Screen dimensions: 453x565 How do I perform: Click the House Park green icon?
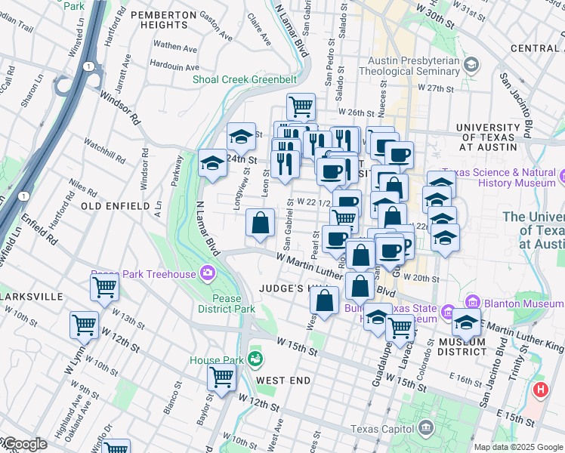(256, 356)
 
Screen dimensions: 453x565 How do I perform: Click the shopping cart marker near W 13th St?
(104, 287)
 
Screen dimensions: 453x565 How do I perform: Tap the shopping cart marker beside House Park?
(221, 376)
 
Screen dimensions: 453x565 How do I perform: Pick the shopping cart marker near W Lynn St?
(84, 325)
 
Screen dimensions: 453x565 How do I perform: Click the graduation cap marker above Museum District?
(466, 321)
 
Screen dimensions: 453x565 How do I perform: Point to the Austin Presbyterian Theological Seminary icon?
(472, 65)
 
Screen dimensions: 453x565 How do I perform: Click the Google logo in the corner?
(25, 444)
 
